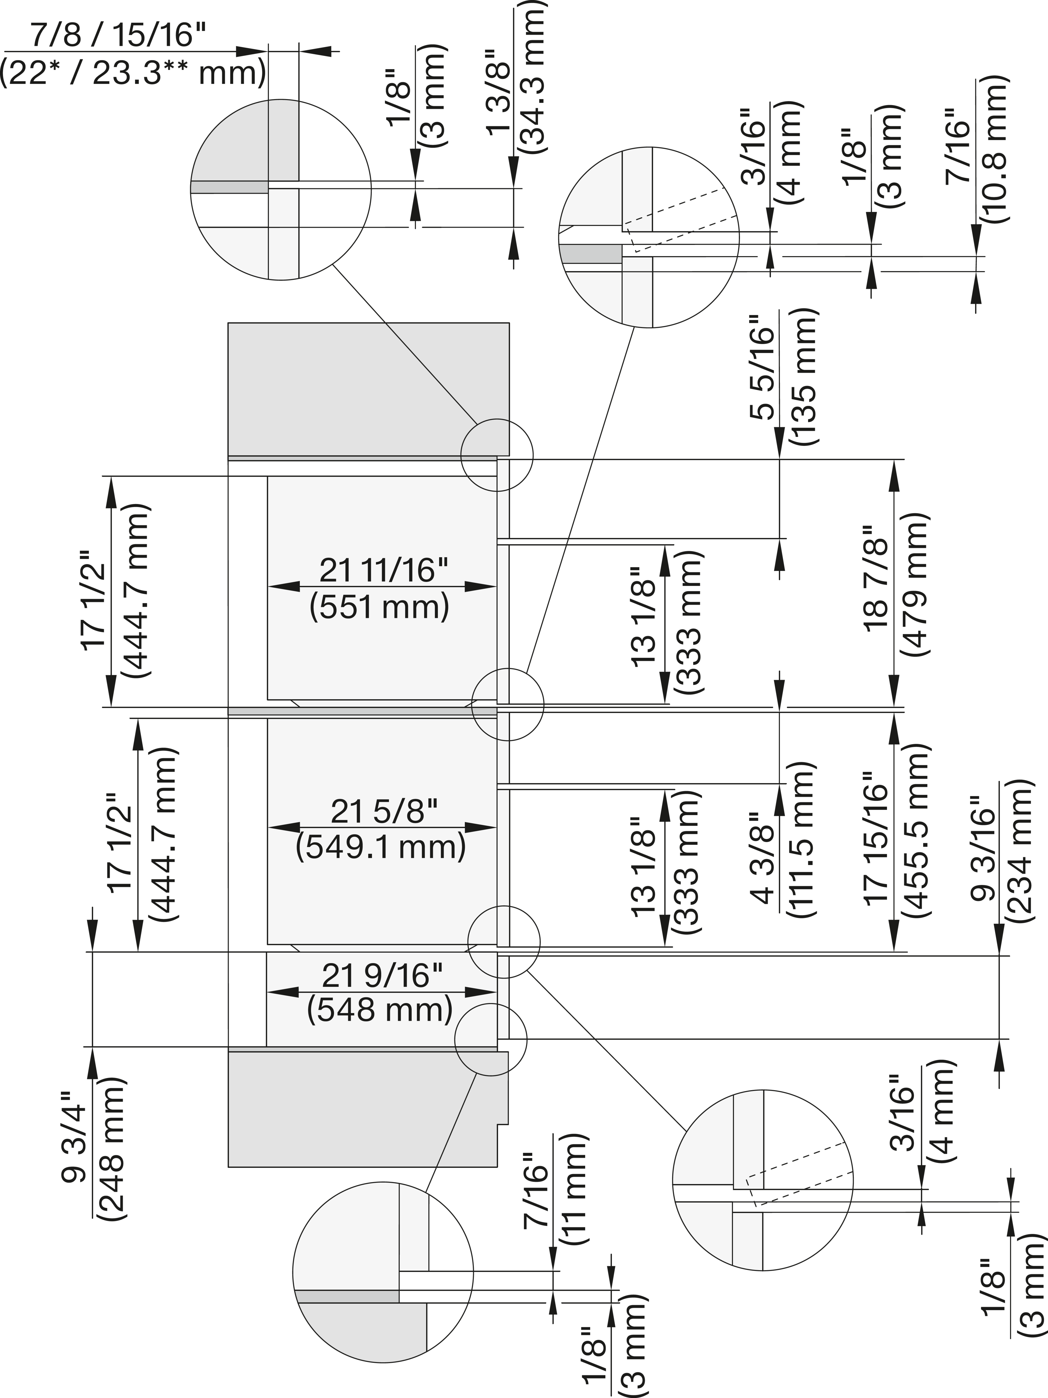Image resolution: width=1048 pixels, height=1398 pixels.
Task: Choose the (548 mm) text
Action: (x=380, y=1010)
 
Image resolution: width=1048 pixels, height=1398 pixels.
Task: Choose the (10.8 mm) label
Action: (x=993, y=149)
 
